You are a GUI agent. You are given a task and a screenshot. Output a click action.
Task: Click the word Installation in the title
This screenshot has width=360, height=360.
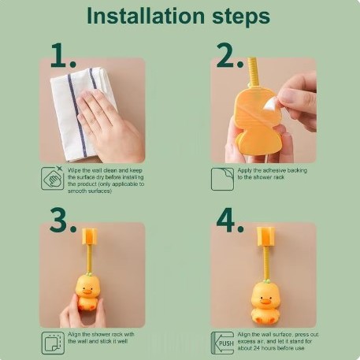coord(146,16)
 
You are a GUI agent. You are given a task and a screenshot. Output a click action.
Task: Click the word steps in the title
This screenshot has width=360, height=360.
coord(241,17)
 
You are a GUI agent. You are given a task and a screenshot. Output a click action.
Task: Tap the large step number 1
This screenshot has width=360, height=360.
coord(63,56)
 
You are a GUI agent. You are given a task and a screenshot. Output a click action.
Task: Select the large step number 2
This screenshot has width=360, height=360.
coord(230,56)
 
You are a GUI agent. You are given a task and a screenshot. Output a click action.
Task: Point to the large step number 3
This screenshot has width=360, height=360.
coord(63,220)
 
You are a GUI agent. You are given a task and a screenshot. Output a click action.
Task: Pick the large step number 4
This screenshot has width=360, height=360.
coord(230,220)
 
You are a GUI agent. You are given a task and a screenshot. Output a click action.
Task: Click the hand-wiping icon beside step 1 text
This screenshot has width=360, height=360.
coord(52,178)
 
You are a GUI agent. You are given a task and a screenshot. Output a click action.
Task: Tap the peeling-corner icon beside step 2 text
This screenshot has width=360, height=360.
coord(222,179)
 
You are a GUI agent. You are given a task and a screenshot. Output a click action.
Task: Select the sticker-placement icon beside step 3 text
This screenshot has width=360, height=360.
coord(53,343)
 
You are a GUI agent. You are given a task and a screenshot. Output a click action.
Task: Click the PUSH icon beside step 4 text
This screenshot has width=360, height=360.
coord(222,343)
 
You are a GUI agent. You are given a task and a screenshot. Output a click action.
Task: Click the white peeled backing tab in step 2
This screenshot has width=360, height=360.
coord(270,105)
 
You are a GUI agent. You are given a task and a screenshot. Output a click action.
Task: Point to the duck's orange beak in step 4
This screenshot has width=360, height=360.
coord(263,302)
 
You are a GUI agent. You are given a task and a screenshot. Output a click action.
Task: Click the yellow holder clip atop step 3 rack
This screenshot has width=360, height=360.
coord(90,236)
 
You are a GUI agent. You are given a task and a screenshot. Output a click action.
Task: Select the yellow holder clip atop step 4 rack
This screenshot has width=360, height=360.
coord(265,236)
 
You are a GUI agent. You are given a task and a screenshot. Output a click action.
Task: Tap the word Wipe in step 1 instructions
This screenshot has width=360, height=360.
coord(74,171)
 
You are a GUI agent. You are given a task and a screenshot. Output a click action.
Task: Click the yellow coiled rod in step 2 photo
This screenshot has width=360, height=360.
coord(253,72)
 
